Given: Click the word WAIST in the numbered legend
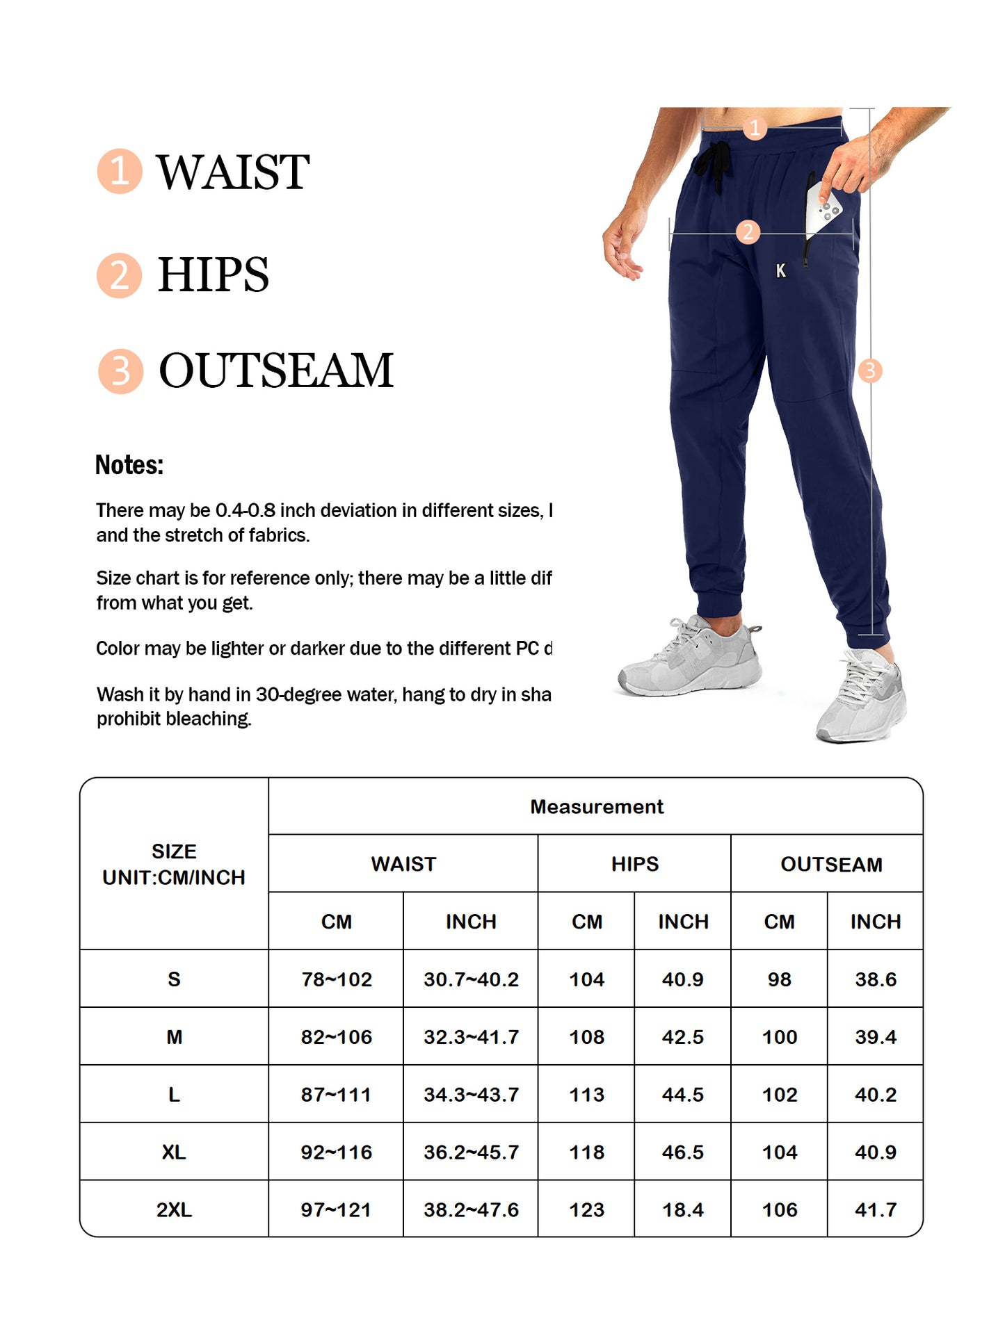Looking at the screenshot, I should pyautogui.click(x=232, y=172).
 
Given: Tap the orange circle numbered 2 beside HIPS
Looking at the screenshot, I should pyautogui.click(x=119, y=275).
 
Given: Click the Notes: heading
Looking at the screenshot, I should pyautogui.click(x=129, y=465).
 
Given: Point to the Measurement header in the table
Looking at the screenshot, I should pyautogui.click(x=596, y=806).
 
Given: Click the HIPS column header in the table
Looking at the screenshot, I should pyautogui.click(x=634, y=864).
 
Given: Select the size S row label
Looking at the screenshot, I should pyautogui.click(x=174, y=979).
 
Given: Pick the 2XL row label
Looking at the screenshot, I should pyautogui.click(x=174, y=1210).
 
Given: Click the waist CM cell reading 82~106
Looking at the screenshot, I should pyautogui.click(x=336, y=1037).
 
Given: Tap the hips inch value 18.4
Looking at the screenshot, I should pyautogui.click(x=682, y=1210).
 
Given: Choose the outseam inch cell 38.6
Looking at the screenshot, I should pyautogui.click(x=875, y=979).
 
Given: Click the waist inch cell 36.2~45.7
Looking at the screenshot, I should pyautogui.click(x=471, y=1152).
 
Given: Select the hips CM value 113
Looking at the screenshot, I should pyautogui.click(x=586, y=1095).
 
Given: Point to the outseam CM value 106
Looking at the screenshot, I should pyautogui.click(x=779, y=1210).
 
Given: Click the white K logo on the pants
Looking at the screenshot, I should pyautogui.click(x=780, y=270).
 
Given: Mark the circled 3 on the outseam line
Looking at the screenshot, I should pyautogui.click(x=869, y=370).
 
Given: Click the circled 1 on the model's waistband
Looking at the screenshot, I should pyautogui.click(x=755, y=128).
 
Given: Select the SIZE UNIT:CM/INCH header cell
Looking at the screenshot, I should pyautogui.click(x=174, y=864).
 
